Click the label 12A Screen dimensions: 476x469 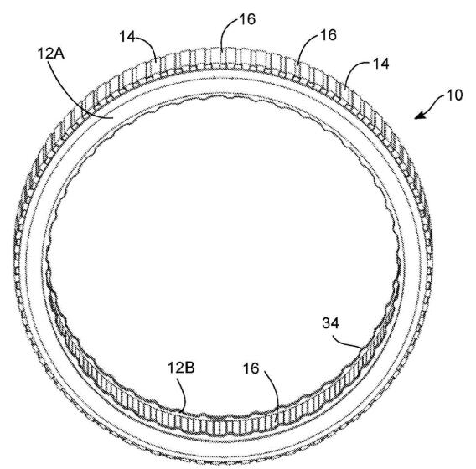tap(51, 54)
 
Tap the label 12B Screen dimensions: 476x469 tap(181, 368)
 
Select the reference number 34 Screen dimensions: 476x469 tap(330, 323)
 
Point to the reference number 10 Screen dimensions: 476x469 tap(454, 95)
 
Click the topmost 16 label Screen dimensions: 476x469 tap(247, 19)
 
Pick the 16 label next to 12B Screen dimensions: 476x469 tap(251, 368)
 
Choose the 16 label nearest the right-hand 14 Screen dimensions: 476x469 tap(329, 35)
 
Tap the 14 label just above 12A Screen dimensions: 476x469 tap(127, 37)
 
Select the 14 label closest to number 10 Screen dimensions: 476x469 tap(380, 64)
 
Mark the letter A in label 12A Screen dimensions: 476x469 tap(59, 54)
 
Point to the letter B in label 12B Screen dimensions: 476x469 tap(190, 368)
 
